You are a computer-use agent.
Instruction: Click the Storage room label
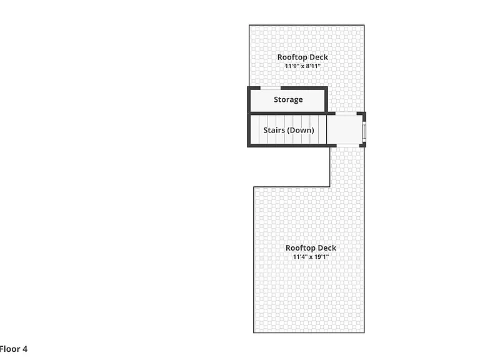click(288, 100)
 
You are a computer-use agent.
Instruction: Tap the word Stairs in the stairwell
click(274, 130)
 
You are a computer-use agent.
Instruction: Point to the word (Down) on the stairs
click(301, 130)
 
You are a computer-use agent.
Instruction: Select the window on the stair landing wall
click(364, 132)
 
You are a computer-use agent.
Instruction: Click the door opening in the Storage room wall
click(271, 89)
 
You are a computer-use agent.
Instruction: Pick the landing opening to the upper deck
click(346, 114)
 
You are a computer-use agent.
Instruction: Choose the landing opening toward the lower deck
click(347, 146)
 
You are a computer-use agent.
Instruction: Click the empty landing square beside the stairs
click(344, 129)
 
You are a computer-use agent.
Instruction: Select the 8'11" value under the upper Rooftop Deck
click(313, 66)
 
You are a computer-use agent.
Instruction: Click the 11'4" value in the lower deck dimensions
click(300, 257)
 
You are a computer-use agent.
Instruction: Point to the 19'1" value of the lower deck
click(321, 257)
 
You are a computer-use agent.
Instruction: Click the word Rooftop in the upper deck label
click(292, 57)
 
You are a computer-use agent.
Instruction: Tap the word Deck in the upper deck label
click(319, 57)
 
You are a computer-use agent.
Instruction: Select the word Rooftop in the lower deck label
click(300, 248)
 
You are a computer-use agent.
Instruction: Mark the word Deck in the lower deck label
click(327, 248)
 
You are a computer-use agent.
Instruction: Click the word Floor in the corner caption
click(9, 349)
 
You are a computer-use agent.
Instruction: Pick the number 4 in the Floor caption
click(24, 349)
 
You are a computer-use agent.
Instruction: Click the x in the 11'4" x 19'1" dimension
click(311, 257)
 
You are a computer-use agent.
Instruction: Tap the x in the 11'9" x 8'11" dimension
click(302, 67)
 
